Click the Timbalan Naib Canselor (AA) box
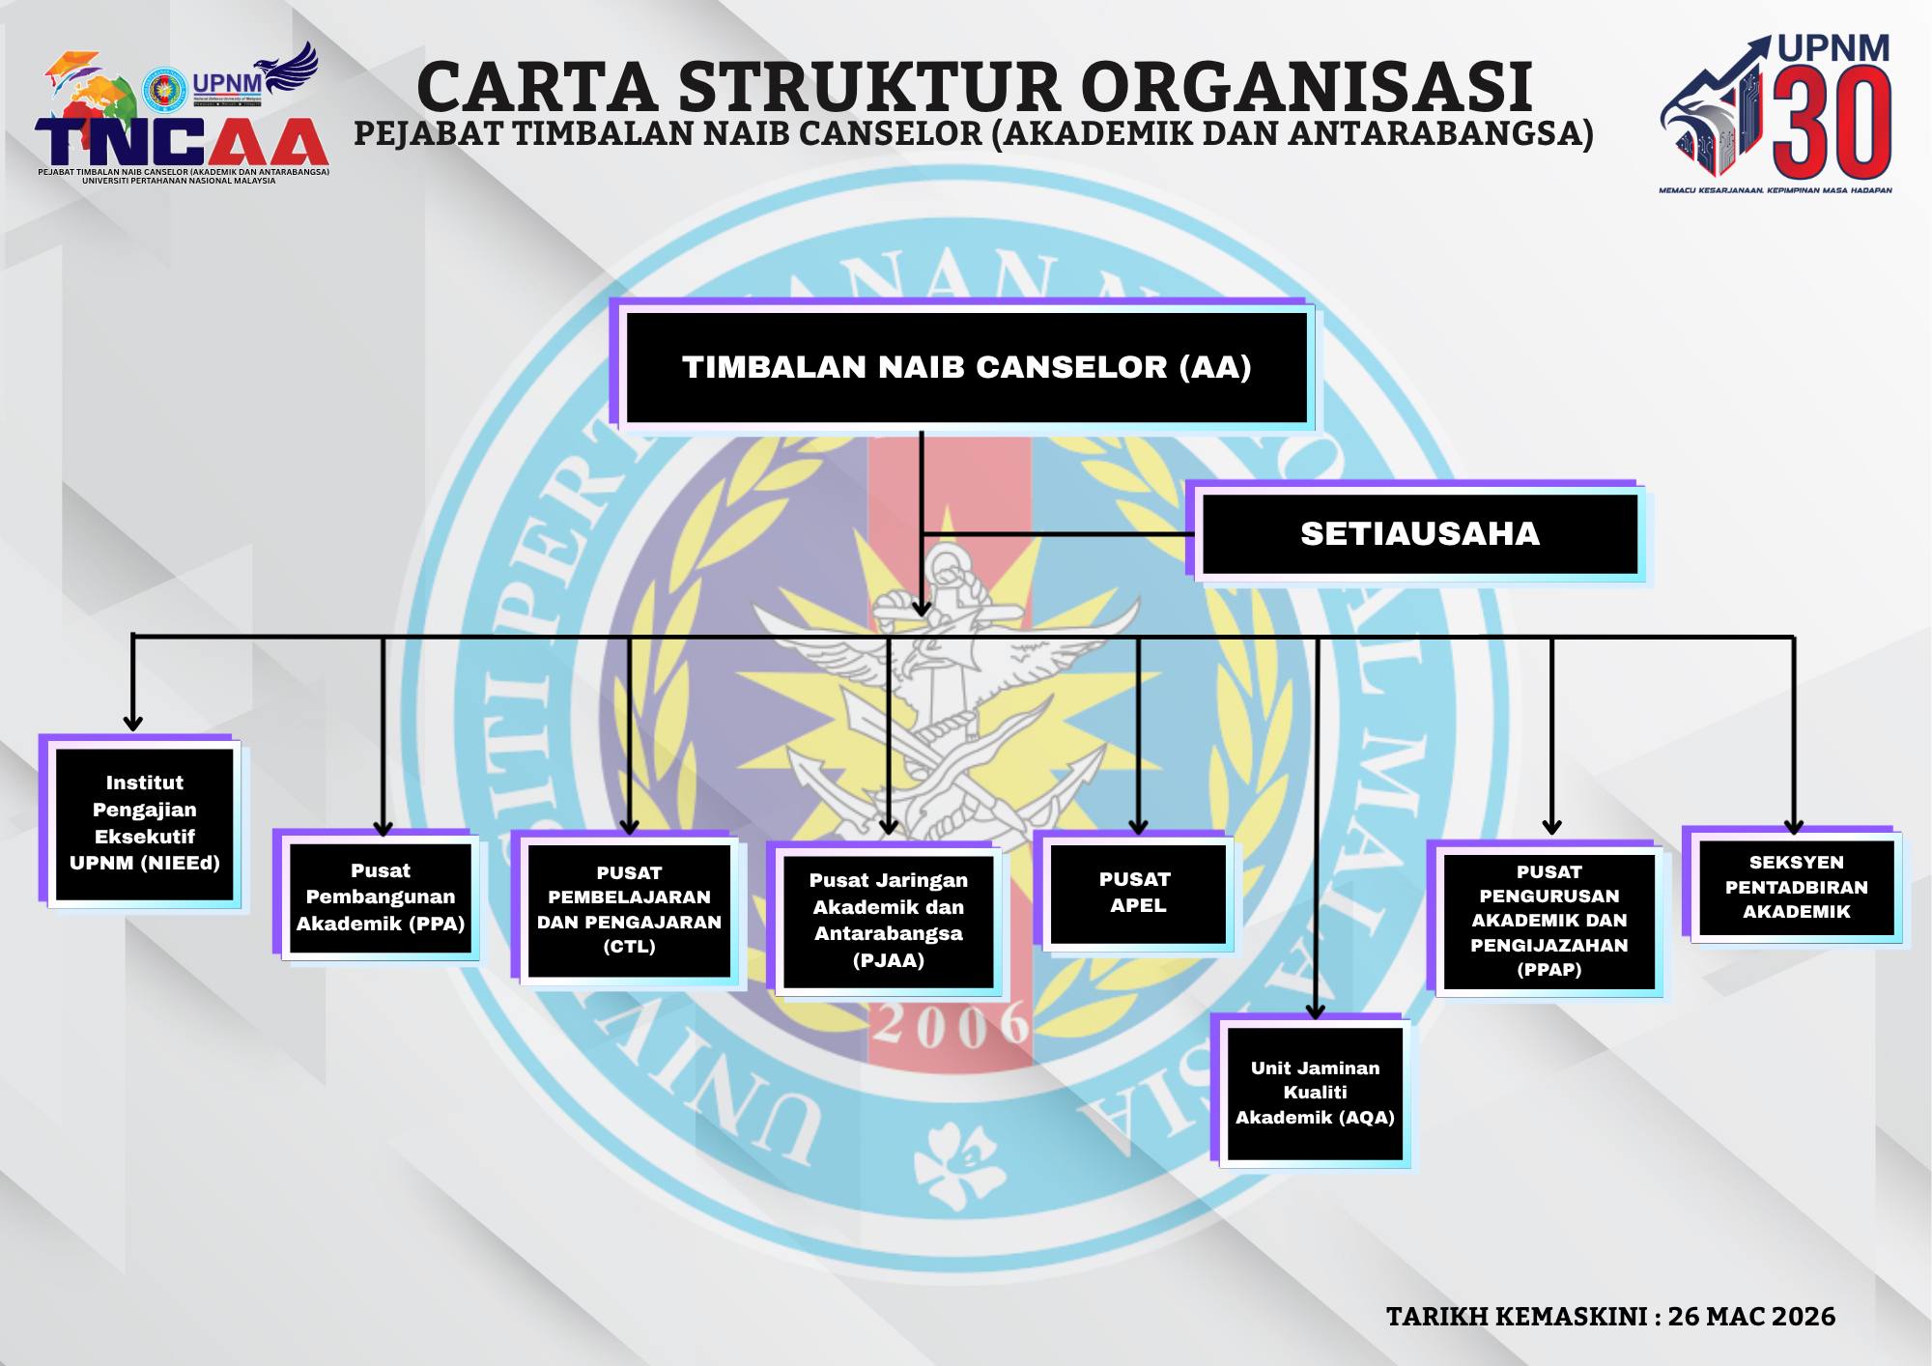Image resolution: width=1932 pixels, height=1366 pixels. click(966, 367)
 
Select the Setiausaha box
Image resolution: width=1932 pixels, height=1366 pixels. click(1419, 533)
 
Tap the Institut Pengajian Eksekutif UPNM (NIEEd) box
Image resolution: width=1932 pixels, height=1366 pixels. click(145, 823)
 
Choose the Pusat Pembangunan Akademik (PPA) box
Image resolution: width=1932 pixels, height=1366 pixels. click(381, 897)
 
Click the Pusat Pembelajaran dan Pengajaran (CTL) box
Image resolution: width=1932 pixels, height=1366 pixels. click(629, 910)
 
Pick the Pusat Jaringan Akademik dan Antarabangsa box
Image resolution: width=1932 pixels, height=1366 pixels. click(888, 921)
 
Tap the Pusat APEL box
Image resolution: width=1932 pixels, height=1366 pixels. click(1137, 893)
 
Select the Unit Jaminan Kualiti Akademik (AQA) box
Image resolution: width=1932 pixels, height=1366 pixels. click(1315, 1093)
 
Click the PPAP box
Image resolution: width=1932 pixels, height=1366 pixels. click(1548, 921)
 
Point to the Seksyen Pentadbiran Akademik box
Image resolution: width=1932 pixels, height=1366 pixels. click(1796, 887)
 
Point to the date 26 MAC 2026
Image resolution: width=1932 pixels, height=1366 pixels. click(1750, 1317)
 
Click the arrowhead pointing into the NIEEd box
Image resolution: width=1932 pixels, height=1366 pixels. click(133, 723)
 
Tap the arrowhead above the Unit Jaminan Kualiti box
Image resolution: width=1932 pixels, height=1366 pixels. click(1315, 1010)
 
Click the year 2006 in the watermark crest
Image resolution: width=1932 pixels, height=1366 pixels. click(952, 1025)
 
